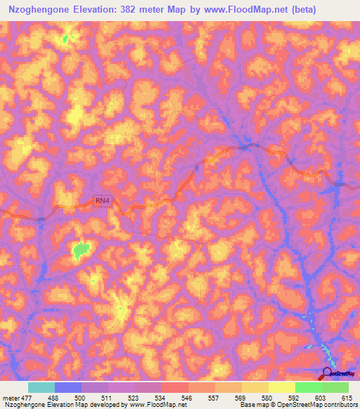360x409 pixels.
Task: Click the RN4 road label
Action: point(103,201)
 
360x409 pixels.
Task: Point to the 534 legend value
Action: point(150,397)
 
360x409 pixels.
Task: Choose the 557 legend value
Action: point(204,397)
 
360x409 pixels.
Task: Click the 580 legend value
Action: point(258,397)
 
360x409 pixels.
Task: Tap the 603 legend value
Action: point(312,397)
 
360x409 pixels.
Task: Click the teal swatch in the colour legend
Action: point(41,387)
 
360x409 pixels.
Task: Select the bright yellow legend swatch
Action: point(281,387)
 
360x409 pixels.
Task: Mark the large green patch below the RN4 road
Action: point(82,249)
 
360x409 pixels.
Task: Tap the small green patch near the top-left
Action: point(67,39)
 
